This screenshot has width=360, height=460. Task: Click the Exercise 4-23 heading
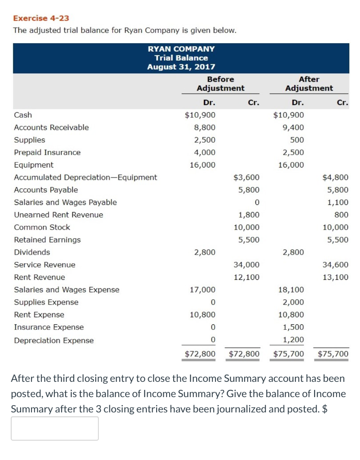click(x=41, y=18)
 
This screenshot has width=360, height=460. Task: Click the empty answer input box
click(x=55, y=428)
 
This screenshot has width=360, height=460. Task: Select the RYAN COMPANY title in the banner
click(x=181, y=49)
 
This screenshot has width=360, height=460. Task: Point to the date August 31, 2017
click(x=181, y=67)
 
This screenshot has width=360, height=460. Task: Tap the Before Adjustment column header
click(x=220, y=84)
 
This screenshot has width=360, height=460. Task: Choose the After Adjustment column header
click(x=309, y=84)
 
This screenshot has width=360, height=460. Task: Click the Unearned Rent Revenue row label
click(x=58, y=215)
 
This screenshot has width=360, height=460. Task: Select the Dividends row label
click(x=32, y=252)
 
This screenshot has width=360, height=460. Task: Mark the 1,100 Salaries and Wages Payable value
click(x=338, y=202)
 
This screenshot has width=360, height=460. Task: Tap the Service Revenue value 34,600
click(x=335, y=265)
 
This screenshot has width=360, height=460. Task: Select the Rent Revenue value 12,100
click(x=246, y=277)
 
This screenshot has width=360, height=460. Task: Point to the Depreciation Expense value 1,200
click(x=294, y=340)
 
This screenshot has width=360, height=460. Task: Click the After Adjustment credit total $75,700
click(x=333, y=354)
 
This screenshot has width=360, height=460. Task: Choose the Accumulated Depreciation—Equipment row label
click(x=85, y=177)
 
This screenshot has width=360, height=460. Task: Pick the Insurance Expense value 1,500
click(x=294, y=327)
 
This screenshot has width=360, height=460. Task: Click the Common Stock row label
click(x=42, y=227)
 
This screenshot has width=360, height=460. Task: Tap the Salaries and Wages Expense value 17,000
click(x=202, y=290)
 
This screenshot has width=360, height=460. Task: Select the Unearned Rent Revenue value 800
click(x=341, y=215)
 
